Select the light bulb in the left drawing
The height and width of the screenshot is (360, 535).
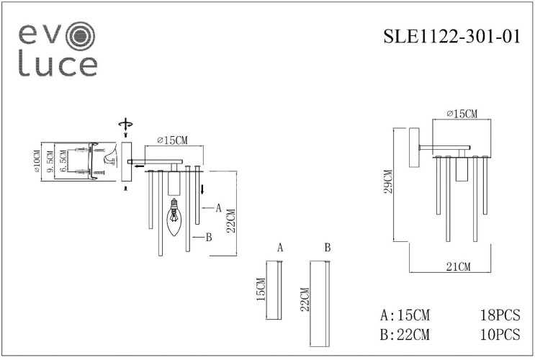coord(174,219)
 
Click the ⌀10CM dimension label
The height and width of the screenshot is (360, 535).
coord(35,161)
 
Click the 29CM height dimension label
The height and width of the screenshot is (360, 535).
coord(388,183)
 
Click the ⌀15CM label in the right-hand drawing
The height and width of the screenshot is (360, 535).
coord(462,114)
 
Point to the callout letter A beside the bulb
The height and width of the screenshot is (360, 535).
coord(217,207)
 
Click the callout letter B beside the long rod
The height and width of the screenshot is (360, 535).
coord(208,236)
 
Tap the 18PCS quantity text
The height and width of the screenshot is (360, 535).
coord(500,315)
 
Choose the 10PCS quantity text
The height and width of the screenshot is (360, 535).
coord(500,334)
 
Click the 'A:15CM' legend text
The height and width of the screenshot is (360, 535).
coord(406,315)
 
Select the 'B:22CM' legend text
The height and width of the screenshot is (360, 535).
coord(406,334)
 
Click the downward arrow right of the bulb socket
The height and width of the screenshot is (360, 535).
coord(203,189)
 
